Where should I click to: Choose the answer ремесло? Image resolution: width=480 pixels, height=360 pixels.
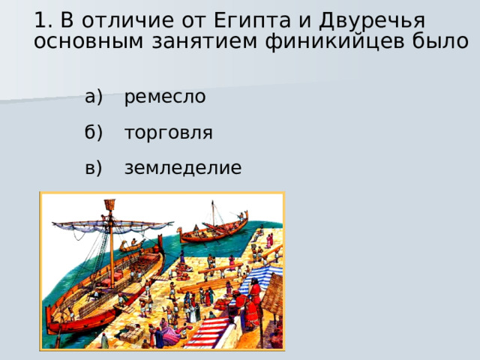tap(165, 97)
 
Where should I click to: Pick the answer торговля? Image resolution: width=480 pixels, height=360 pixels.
tap(169, 133)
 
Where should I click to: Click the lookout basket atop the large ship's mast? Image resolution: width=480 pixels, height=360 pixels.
tap(109, 205)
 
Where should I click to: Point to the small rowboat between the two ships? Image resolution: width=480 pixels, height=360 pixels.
tap(130, 245)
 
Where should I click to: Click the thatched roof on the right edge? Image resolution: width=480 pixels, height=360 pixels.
tap(274, 292)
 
